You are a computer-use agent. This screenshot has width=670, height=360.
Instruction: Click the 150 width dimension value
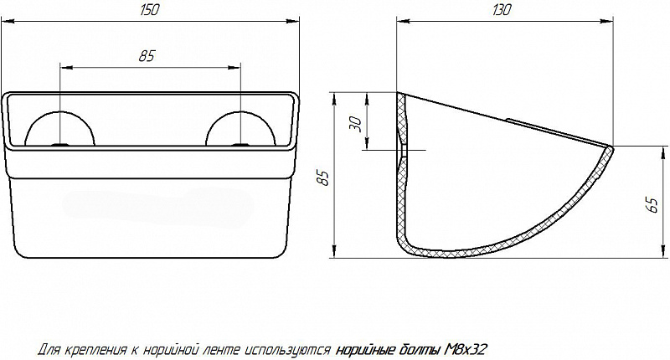pyautogui.click(x=149, y=10)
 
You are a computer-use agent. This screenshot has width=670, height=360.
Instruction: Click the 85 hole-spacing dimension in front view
pyautogui.click(x=146, y=56)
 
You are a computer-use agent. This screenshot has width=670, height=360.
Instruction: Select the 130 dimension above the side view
pyautogui.click(x=502, y=10)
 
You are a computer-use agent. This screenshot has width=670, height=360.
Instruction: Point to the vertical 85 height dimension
pyautogui.click(x=324, y=178)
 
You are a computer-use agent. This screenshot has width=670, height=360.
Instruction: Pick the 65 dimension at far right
pyautogui.click(x=652, y=205)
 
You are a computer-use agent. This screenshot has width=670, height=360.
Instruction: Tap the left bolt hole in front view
pyautogui.click(x=59, y=145)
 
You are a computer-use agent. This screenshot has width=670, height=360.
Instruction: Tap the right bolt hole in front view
pyautogui.click(x=240, y=145)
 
